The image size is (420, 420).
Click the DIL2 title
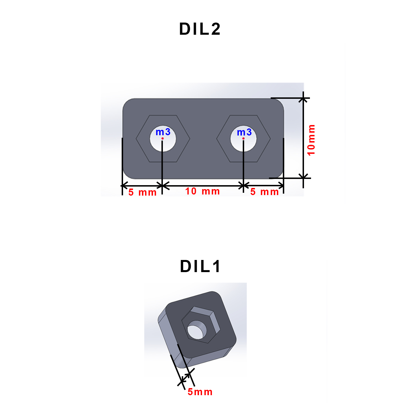coord(200,29)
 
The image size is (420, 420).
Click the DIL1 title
coord(200,266)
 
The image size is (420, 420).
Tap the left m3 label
coord(163,132)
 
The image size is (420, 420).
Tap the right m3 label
coord(244,132)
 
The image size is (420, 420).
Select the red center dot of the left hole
coord(162,138)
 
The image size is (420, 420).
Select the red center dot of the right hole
coord(243,138)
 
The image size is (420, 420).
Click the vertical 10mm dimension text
coord(311,140)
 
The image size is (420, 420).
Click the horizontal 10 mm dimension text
coord(202,191)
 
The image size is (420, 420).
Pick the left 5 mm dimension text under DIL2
coord(142,192)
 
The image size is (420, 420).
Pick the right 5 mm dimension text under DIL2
coord(264,192)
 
